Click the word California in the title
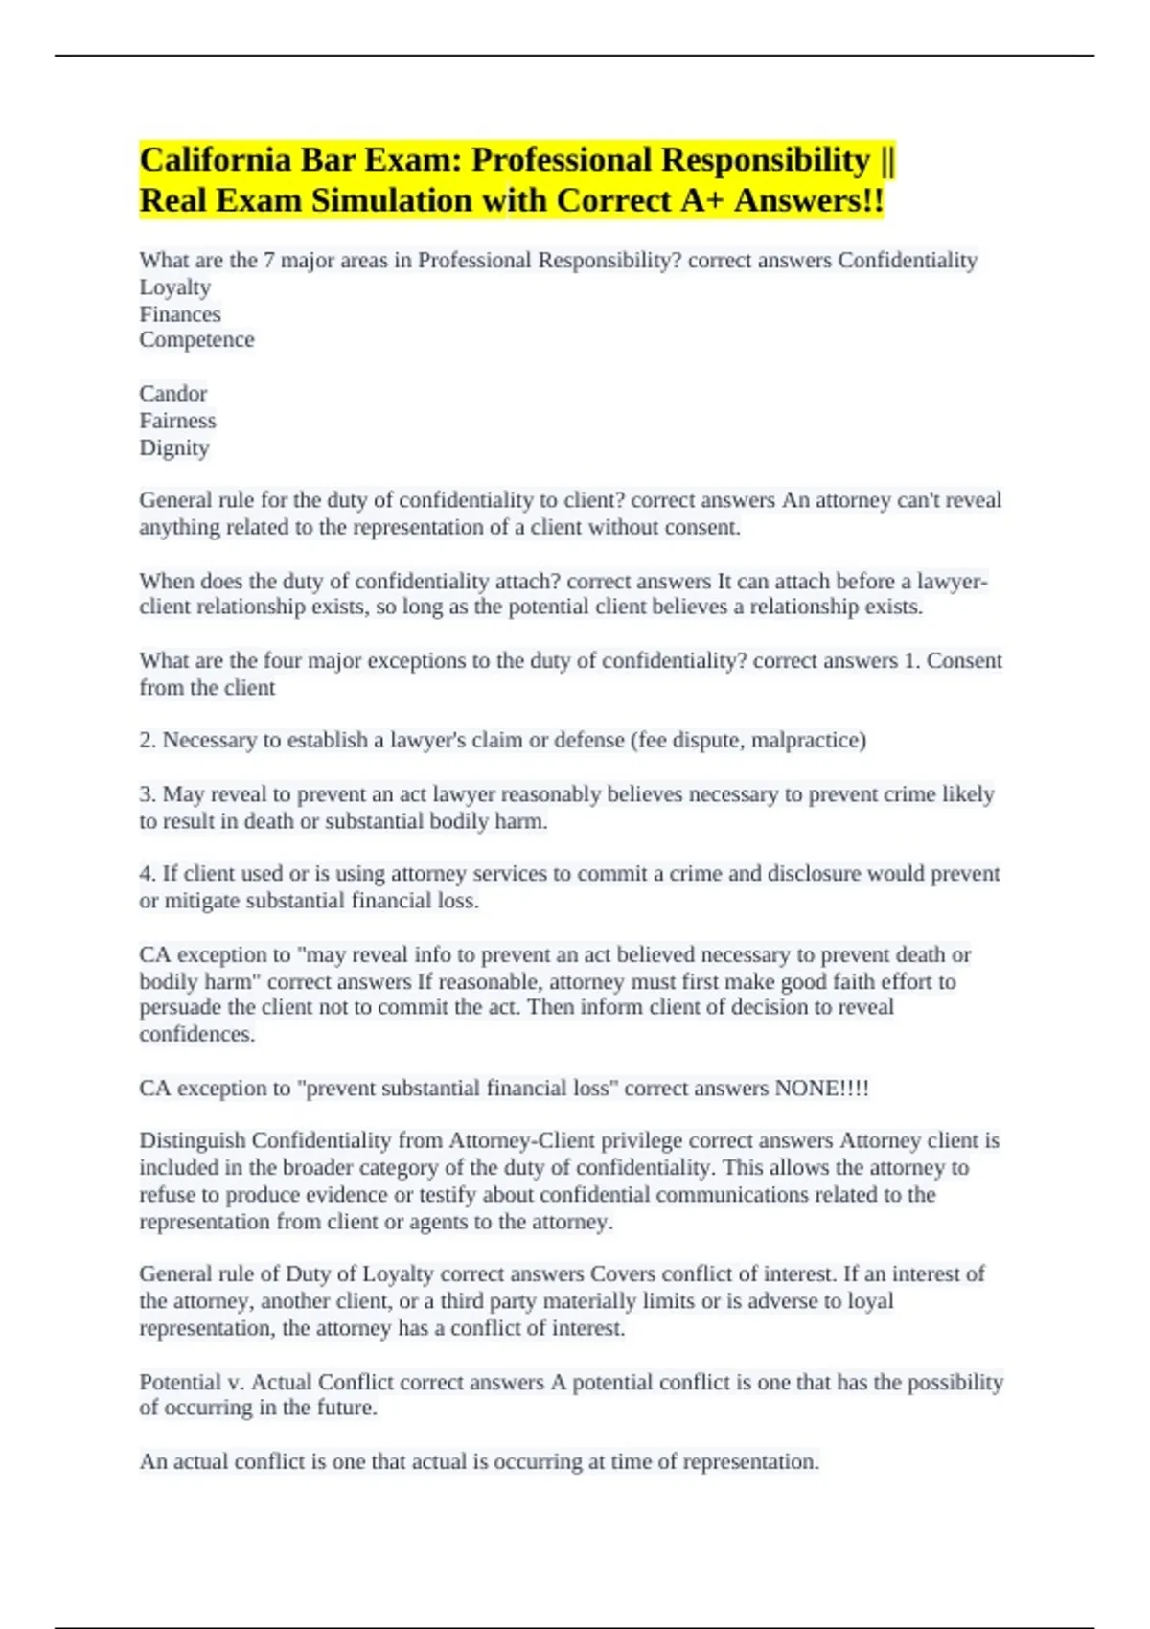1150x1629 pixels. click(x=217, y=160)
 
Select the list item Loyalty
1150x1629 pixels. click(x=174, y=287)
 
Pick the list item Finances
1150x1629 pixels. click(x=180, y=314)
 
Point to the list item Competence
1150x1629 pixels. click(x=196, y=340)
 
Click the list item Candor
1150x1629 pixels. click(x=172, y=394)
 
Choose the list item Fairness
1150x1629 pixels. click(x=177, y=421)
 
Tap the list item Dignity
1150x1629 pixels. click(x=173, y=447)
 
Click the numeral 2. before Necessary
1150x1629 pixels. click(x=148, y=741)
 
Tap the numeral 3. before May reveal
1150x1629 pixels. click(x=148, y=794)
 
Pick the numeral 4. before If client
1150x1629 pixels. click(x=148, y=874)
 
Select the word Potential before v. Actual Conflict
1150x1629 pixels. click(x=180, y=1382)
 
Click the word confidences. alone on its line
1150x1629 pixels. click(x=196, y=1035)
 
